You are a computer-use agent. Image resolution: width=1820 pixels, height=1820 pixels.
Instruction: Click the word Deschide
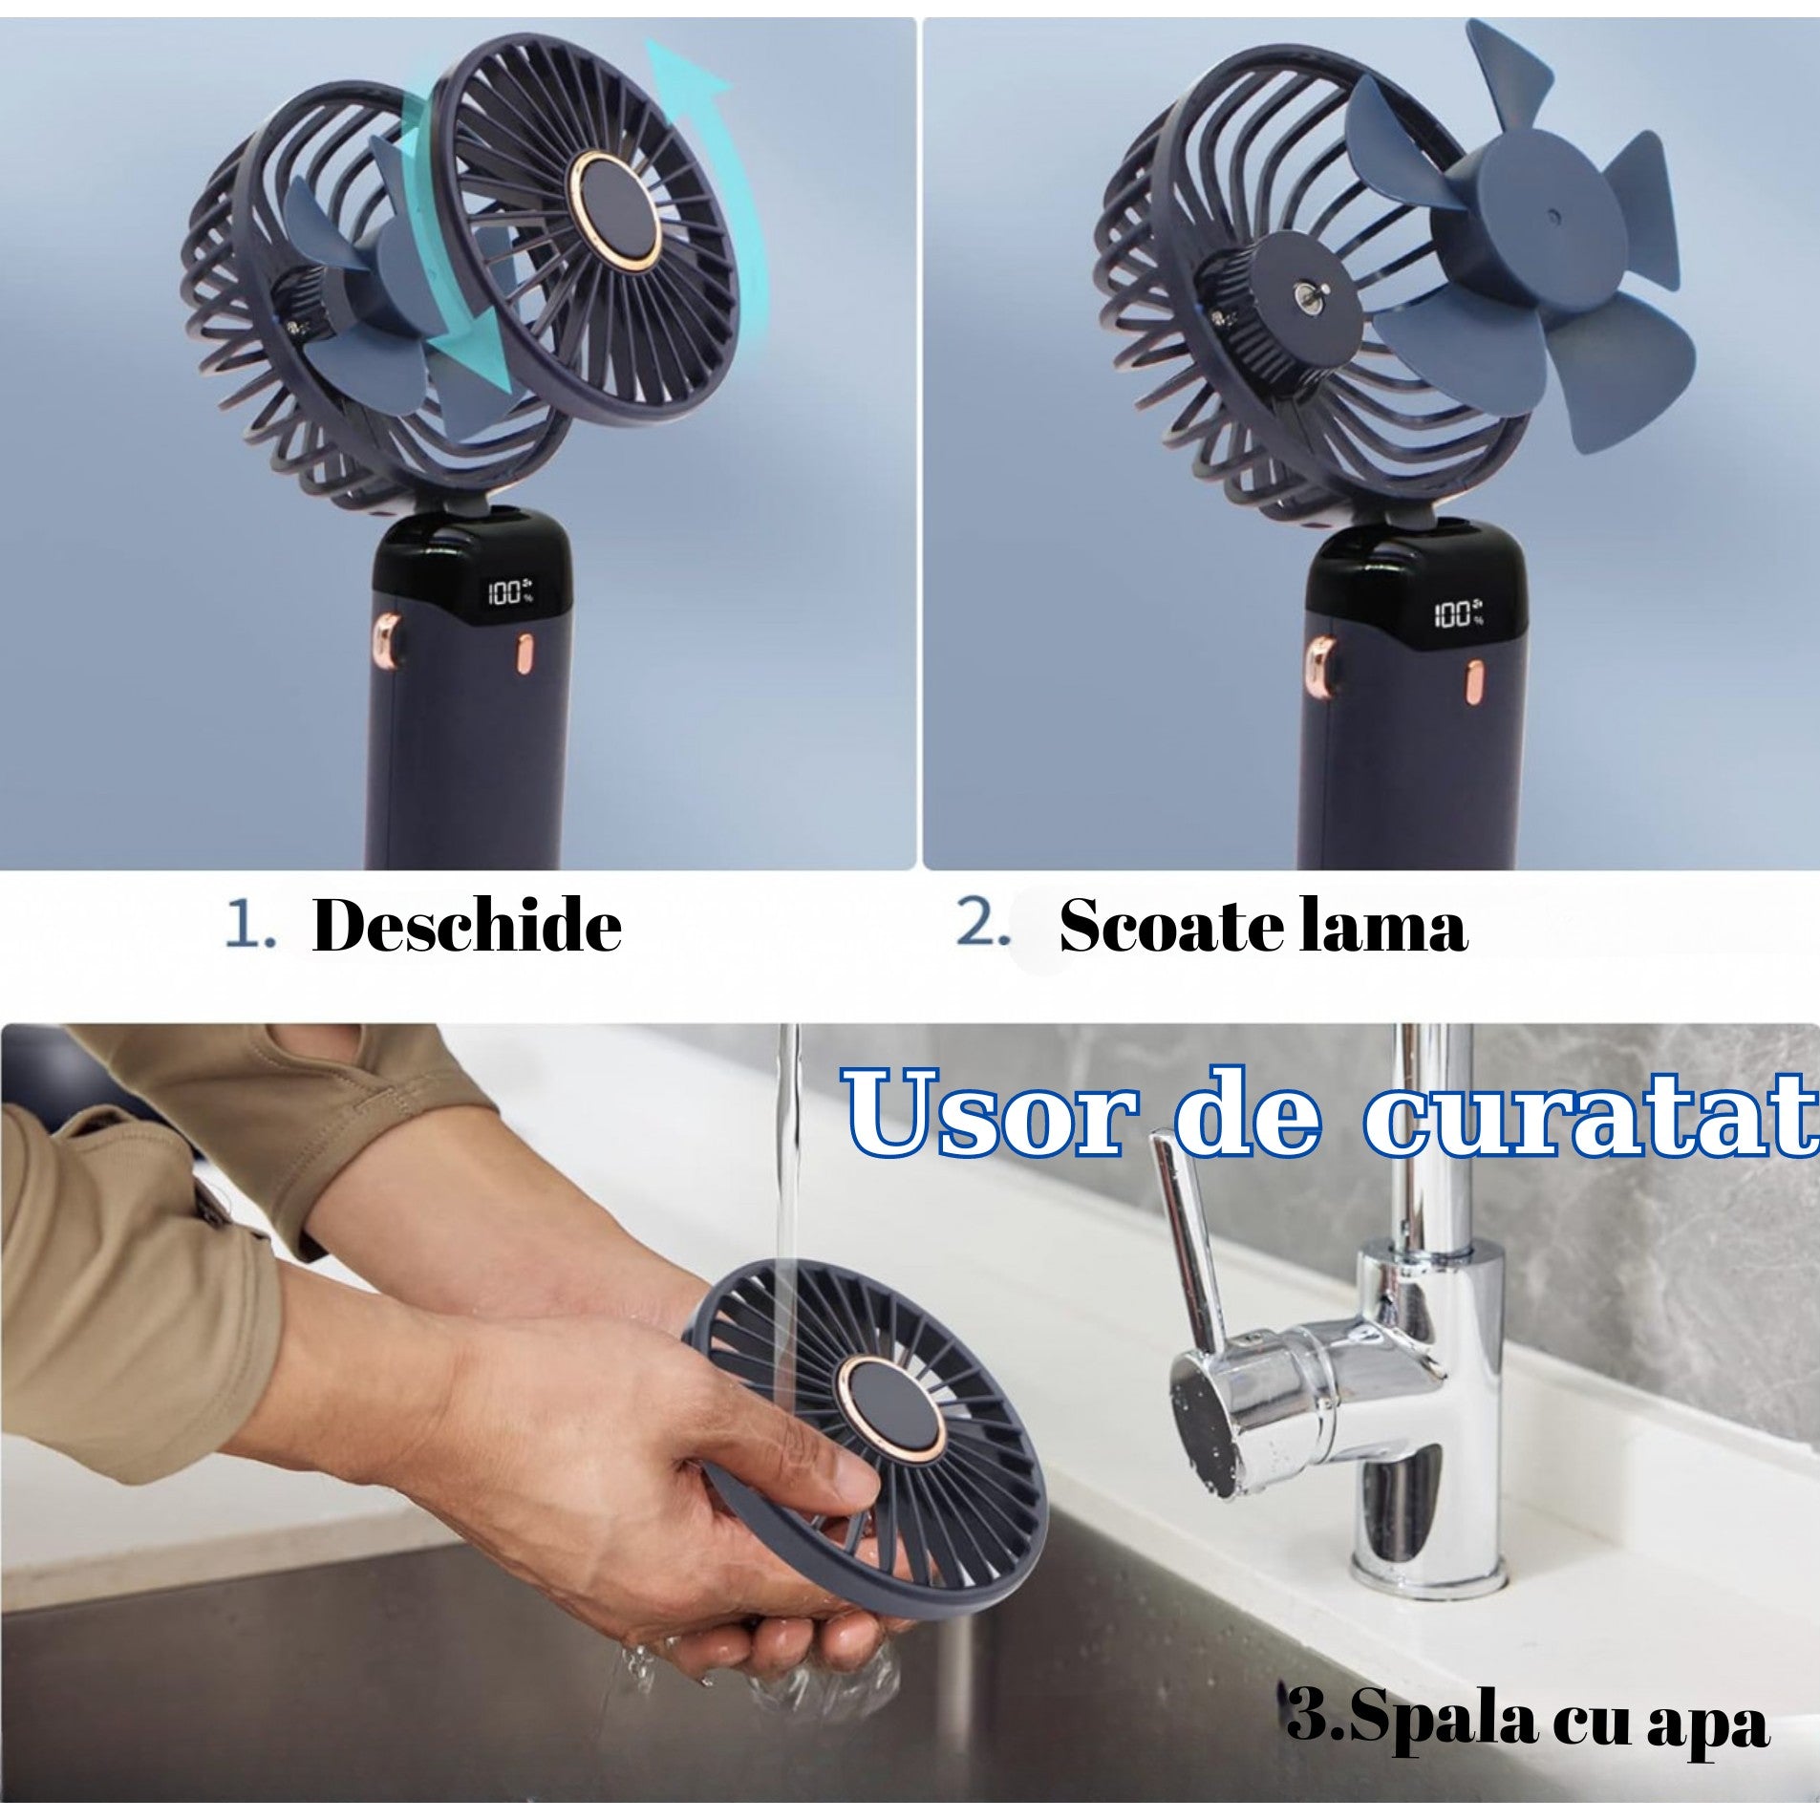[466, 926]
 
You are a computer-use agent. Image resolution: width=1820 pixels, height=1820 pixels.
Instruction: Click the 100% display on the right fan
[1456, 613]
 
